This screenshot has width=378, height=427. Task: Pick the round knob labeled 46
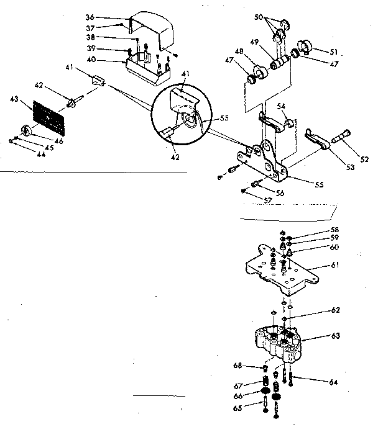point(27,130)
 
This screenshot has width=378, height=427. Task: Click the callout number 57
point(268,201)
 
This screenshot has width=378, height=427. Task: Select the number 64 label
point(333,382)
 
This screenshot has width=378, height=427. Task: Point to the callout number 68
point(237,365)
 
